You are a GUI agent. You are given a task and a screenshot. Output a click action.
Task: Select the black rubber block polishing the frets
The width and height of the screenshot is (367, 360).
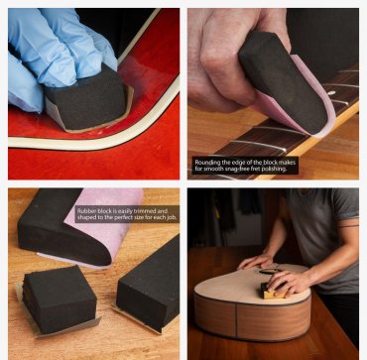[x=283, y=79]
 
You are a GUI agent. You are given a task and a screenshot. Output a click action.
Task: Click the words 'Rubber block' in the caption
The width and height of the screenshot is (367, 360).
[x=97, y=210]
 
